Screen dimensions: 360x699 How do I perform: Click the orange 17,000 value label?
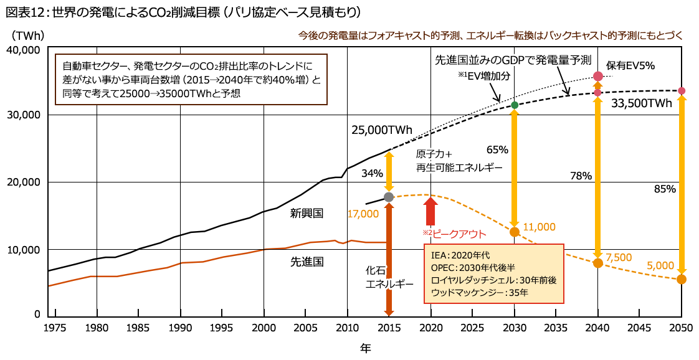(x=363, y=214)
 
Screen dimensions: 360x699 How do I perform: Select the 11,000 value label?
(x=540, y=227)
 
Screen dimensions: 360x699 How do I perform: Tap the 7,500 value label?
(x=619, y=257)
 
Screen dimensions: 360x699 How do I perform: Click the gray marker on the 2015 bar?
(x=389, y=197)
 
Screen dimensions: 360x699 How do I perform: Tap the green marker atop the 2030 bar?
(x=515, y=104)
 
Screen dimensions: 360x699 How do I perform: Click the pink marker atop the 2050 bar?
(x=682, y=90)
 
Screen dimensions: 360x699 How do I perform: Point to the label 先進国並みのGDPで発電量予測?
(x=512, y=60)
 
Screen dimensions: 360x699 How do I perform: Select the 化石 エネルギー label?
(x=389, y=277)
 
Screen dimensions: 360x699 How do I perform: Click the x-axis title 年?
(x=366, y=348)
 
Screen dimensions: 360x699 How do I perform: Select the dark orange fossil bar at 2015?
(x=389, y=262)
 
